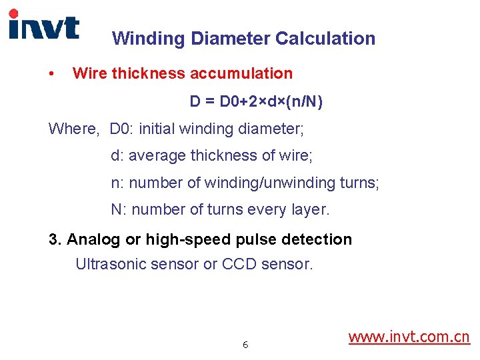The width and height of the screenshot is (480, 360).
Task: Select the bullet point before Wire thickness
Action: [52, 73]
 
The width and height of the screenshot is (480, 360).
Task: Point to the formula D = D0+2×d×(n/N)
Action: [256, 101]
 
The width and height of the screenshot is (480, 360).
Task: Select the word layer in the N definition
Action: [309, 210]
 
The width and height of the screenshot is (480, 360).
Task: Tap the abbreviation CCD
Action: [239, 264]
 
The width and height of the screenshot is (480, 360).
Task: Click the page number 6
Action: [245, 345]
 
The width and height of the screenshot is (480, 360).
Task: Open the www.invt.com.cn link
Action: [409, 337]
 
